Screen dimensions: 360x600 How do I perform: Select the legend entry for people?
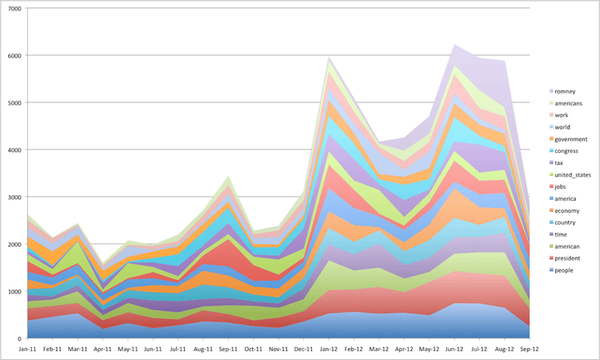(564, 270)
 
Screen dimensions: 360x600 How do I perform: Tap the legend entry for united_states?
(570, 174)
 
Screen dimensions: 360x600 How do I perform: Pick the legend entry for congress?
(566, 150)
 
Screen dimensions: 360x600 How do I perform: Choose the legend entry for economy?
(566, 210)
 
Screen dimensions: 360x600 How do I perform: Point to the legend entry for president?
(567, 258)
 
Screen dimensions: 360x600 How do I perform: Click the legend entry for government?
(570, 138)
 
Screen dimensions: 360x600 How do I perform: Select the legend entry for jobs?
(562, 186)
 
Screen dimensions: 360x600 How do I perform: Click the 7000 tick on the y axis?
(14, 8)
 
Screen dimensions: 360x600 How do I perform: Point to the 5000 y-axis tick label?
(14, 102)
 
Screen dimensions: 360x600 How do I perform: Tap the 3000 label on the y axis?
(14, 197)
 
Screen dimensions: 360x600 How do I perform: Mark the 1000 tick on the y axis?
(14, 291)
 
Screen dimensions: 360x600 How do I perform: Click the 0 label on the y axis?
(19, 338)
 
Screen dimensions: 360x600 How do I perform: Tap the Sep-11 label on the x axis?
(229, 350)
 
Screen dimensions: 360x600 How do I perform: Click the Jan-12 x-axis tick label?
(329, 350)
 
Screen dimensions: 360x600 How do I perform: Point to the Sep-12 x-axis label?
(529, 350)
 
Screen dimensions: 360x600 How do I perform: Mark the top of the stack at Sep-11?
(229, 176)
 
